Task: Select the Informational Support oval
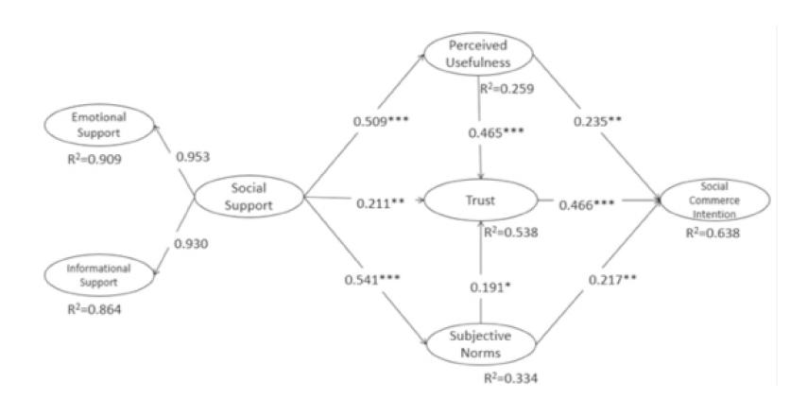tap(98, 274)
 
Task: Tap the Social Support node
tap(249, 196)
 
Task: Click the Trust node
tap(480, 201)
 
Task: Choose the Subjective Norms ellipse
tap(480, 345)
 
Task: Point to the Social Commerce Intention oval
tap(713, 200)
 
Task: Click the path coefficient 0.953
tap(193, 156)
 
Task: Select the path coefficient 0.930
tap(193, 243)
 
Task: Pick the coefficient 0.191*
tap(491, 287)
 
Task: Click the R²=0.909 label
tap(94, 161)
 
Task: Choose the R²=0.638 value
tap(715, 233)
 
